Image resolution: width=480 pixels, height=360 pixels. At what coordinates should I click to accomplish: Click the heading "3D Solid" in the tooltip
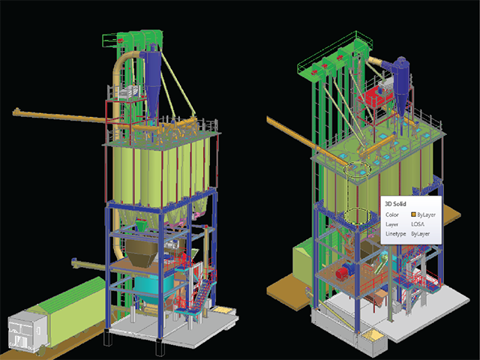[x=395, y=204]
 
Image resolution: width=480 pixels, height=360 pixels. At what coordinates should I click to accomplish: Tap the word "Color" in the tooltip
[x=391, y=215]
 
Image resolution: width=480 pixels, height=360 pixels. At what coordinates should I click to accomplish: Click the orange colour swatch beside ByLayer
[x=413, y=214]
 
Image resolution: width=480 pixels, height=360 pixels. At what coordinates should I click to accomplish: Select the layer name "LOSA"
[x=418, y=224]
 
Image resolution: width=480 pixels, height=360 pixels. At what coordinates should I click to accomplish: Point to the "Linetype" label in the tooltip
[x=395, y=234]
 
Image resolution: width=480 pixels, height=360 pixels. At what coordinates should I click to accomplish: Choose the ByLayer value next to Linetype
[x=420, y=234]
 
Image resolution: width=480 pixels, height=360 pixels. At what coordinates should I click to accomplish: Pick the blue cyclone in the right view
[x=401, y=82]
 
